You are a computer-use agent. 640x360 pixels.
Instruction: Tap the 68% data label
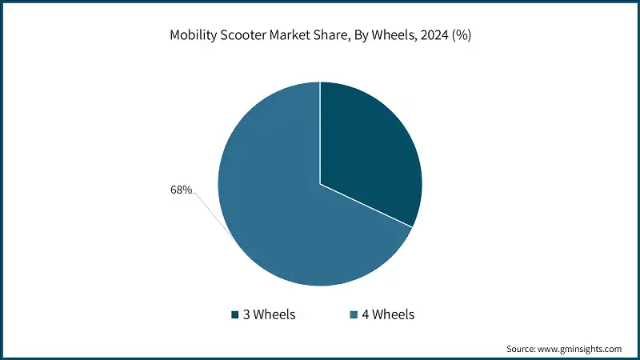tap(181, 190)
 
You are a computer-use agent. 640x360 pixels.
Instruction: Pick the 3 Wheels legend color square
tap(234, 314)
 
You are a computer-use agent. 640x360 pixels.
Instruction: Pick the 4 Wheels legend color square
tap(353, 314)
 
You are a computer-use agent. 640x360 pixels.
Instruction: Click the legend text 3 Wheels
tap(269, 314)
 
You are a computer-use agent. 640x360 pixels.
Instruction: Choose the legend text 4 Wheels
tap(388, 314)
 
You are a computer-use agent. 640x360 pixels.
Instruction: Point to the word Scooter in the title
tap(243, 36)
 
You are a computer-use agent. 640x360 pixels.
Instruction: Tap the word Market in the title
tap(290, 36)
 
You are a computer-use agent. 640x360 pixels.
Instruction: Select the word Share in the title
tap(332, 36)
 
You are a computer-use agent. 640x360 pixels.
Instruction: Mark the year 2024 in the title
tap(436, 36)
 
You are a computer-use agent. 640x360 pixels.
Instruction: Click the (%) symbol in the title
tap(463, 36)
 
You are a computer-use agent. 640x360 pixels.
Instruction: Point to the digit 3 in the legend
tap(247, 314)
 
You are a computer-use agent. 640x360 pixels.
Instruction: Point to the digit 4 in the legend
tap(366, 314)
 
